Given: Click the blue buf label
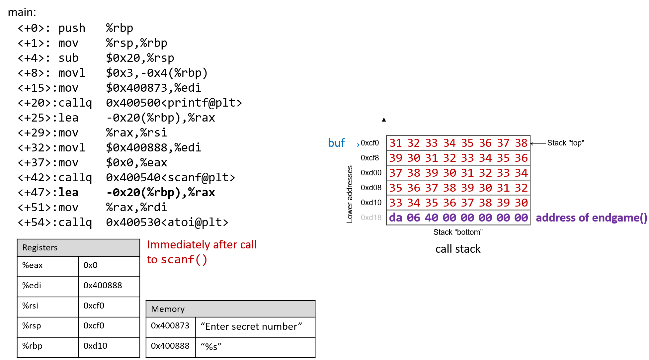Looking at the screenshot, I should [336, 143].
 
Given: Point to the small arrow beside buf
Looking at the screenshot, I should [353, 144].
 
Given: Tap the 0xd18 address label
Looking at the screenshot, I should [371, 218].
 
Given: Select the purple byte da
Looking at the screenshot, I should [396, 218].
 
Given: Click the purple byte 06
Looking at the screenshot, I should [414, 218].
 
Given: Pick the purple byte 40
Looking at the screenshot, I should [432, 218].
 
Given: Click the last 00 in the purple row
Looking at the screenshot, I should [521, 218].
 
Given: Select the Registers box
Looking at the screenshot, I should [78, 248].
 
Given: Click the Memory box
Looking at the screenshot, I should [230, 309].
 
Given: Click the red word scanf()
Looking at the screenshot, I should [184, 259].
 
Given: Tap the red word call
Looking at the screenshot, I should [248, 244].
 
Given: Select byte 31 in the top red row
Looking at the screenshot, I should [396, 143].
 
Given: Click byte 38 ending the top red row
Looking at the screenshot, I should [521, 143].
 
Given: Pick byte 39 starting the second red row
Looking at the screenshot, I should [396, 158].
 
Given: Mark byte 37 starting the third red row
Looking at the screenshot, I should [396, 173].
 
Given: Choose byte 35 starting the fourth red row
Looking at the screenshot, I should [396, 188].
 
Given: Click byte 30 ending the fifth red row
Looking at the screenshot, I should [521, 203].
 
